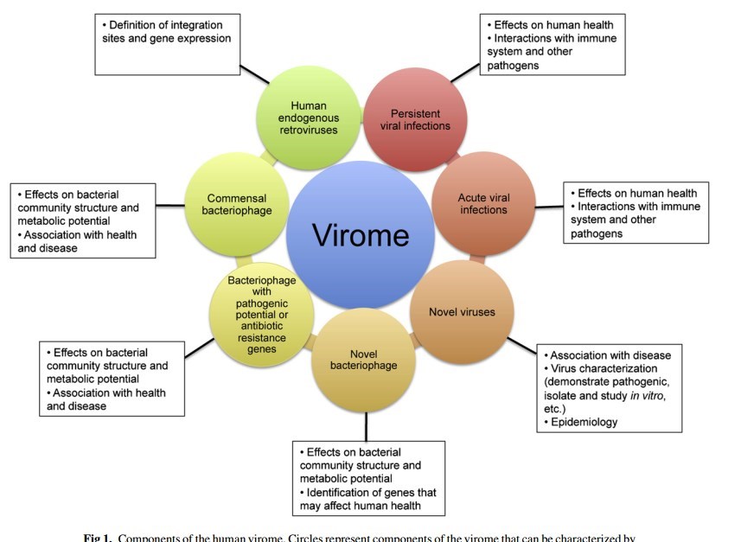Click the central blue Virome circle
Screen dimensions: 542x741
pos(360,234)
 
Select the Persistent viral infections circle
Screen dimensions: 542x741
pos(415,119)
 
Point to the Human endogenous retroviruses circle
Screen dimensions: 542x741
pos(309,118)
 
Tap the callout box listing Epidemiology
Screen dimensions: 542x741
pos(610,388)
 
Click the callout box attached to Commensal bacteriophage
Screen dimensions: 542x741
pos(83,220)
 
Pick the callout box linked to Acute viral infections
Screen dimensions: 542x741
pos(636,213)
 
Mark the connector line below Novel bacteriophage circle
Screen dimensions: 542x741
pos(366,426)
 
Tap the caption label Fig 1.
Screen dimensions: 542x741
pos(98,538)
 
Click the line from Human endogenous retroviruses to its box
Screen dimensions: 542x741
pos(254,74)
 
